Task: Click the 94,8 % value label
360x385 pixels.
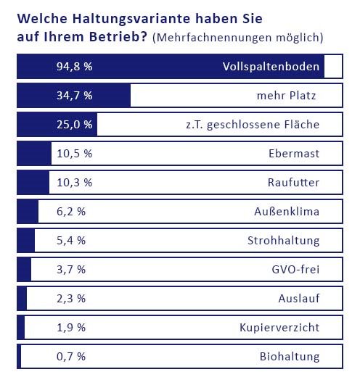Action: point(75,67)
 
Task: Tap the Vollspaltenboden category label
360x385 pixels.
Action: point(271,67)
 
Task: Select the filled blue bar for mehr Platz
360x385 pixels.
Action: point(74,96)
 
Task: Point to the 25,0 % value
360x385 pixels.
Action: point(75,125)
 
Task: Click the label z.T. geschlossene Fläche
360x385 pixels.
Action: point(253,125)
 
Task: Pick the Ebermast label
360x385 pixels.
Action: point(294,154)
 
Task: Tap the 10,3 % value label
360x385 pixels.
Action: point(75,183)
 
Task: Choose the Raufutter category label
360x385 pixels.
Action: point(293,183)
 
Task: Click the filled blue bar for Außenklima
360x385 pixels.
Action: point(28,212)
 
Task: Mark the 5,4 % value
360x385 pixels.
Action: point(71,241)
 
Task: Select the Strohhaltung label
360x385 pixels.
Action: point(284,241)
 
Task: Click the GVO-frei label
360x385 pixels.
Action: point(295,269)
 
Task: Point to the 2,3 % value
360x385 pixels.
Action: point(71,298)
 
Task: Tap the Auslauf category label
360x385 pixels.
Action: point(299,298)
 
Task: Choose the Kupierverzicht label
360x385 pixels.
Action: point(279,328)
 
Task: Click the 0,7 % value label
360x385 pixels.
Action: point(71,356)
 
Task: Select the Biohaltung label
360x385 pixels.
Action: point(290,357)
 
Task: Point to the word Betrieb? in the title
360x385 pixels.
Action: point(118,37)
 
